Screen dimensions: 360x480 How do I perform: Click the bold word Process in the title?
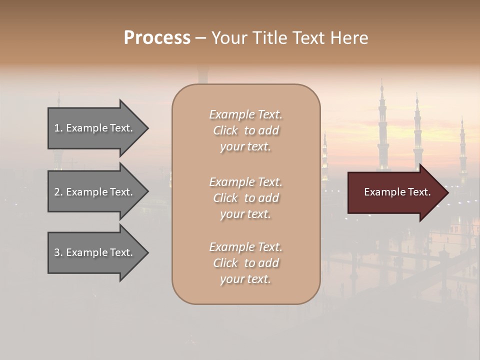157,37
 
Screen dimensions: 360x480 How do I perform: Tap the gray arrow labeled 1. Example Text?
95,128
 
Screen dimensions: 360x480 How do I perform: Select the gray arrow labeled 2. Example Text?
95,192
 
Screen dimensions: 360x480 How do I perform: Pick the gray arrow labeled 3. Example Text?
95,253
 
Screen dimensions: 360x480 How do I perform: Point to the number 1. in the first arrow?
58,128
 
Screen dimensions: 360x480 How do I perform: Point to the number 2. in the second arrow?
58,192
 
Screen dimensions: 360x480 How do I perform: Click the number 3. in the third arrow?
58,253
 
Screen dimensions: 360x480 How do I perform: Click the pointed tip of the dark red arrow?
446,192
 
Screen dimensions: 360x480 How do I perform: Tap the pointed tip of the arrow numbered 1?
146,128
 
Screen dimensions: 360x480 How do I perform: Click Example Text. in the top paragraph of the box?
245,114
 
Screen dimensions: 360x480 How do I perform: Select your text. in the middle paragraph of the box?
245,214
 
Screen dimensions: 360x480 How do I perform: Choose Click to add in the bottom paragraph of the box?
245,263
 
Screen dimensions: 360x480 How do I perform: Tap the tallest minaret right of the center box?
382,125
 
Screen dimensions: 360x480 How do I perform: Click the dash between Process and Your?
200,38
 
